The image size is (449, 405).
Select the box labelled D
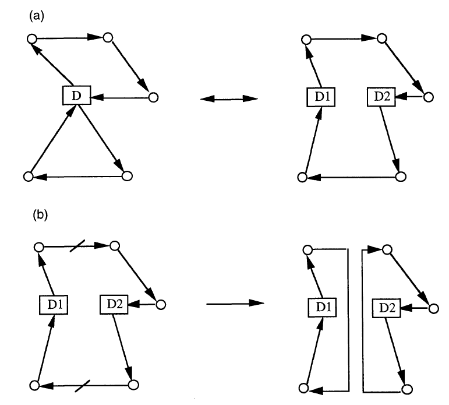pos(76,95)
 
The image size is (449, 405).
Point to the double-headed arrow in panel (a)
pos(228,100)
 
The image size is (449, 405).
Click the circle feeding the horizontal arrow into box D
pos(153,97)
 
